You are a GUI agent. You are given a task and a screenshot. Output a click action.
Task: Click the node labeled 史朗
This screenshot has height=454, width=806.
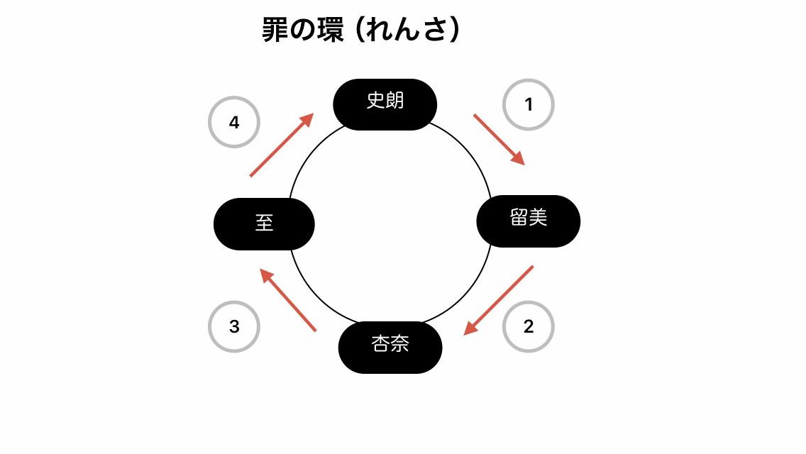[385, 104]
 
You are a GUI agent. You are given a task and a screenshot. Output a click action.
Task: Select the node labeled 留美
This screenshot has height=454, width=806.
[529, 221]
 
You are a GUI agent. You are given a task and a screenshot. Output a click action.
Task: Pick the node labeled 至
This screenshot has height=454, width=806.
[264, 224]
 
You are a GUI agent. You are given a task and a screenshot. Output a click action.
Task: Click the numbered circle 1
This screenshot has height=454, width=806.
[528, 105]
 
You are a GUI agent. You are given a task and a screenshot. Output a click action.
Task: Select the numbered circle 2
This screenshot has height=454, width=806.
[528, 327]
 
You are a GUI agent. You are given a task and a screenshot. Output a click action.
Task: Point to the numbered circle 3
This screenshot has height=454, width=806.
[234, 327]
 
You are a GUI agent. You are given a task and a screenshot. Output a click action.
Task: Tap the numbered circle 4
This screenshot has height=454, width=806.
[234, 123]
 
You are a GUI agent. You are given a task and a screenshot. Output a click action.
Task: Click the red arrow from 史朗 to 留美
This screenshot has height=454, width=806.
[499, 139]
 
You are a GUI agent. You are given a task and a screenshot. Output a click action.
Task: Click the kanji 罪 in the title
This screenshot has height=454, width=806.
[275, 30]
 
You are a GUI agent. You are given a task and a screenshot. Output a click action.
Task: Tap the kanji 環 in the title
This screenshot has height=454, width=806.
[331, 30]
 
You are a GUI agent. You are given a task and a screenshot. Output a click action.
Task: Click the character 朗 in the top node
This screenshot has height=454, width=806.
[394, 101]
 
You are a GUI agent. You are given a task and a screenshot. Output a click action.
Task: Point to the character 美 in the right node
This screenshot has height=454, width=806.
[539, 218]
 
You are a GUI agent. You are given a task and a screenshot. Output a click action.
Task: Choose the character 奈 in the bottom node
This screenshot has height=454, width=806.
[400, 345]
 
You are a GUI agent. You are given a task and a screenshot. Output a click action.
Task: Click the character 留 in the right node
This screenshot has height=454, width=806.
[519, 218]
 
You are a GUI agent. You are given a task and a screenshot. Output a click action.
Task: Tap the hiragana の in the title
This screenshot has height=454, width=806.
[303, 31]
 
